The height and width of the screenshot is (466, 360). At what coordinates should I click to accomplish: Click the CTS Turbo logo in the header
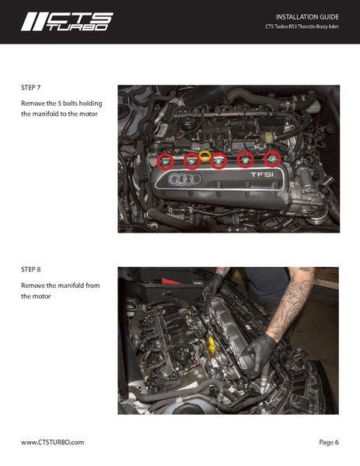(x=67, y=22)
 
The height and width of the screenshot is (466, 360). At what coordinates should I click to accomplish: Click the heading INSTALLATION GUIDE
(x=307, y=17)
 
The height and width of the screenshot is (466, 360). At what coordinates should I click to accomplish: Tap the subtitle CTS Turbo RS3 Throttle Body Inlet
(x=302, y=26)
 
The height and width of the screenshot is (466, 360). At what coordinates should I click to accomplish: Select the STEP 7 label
(x=31, y=88)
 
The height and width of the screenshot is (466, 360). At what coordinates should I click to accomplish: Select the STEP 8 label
(x=31, y=269)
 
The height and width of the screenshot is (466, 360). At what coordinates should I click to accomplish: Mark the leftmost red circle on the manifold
(x=165, y=162)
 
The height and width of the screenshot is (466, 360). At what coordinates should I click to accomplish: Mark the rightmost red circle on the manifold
(x=272, y=158)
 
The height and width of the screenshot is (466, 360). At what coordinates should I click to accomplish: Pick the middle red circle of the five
(x=218, y=161)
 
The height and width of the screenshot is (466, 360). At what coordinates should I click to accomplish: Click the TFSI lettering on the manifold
(x=262, y=175)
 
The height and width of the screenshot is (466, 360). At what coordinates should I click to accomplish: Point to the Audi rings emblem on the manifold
(x=184, y=179)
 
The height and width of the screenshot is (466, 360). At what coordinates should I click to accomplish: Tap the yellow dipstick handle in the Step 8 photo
(x=211, y=344)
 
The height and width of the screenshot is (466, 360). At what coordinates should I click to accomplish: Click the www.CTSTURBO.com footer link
(x=53, y=442)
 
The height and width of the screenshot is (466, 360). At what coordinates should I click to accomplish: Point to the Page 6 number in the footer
(x=329, y=442)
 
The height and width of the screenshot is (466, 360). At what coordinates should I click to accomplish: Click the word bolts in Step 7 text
(x=70, y=103)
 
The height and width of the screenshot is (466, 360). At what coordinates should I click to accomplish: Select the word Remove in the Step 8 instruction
(x=31, y=286)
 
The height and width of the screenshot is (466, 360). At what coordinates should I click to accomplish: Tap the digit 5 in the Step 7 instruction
(x=59, y=103)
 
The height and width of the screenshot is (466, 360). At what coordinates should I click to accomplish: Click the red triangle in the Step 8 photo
(x=171, y=281)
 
